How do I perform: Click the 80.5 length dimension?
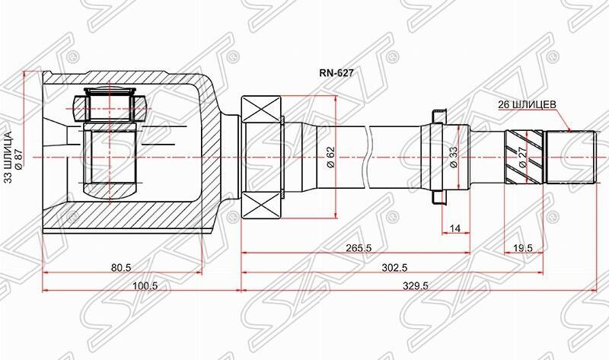(x=123, y=267)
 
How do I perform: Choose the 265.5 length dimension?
(x=356, y=247)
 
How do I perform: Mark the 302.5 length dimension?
(x=394, y=267)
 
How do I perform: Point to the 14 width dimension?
(x=455, y=228)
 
